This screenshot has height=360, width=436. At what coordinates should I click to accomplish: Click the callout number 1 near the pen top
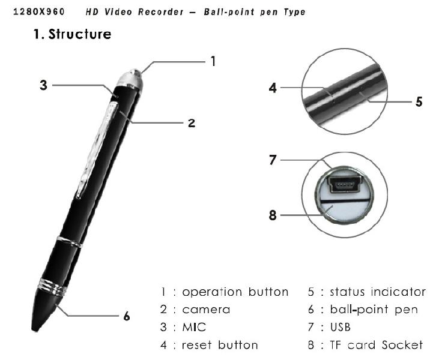(x=211, y=61)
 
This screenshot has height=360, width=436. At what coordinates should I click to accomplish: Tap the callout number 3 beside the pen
(x=43, y=85)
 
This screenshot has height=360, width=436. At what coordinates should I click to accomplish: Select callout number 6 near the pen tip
(x=127, y=316)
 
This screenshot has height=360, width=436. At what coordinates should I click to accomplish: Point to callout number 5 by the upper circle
(x=419, y=101)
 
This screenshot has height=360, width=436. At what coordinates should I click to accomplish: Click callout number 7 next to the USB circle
(x=273, y=160)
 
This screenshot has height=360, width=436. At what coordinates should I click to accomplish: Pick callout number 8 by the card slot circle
(x=273, y=214)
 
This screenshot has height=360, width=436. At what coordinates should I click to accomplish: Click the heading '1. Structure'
(x=71, y=34)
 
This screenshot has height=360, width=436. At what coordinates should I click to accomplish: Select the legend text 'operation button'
(x=235, y=292)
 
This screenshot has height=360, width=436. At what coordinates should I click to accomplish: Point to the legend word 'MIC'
(x=193, y=328)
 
